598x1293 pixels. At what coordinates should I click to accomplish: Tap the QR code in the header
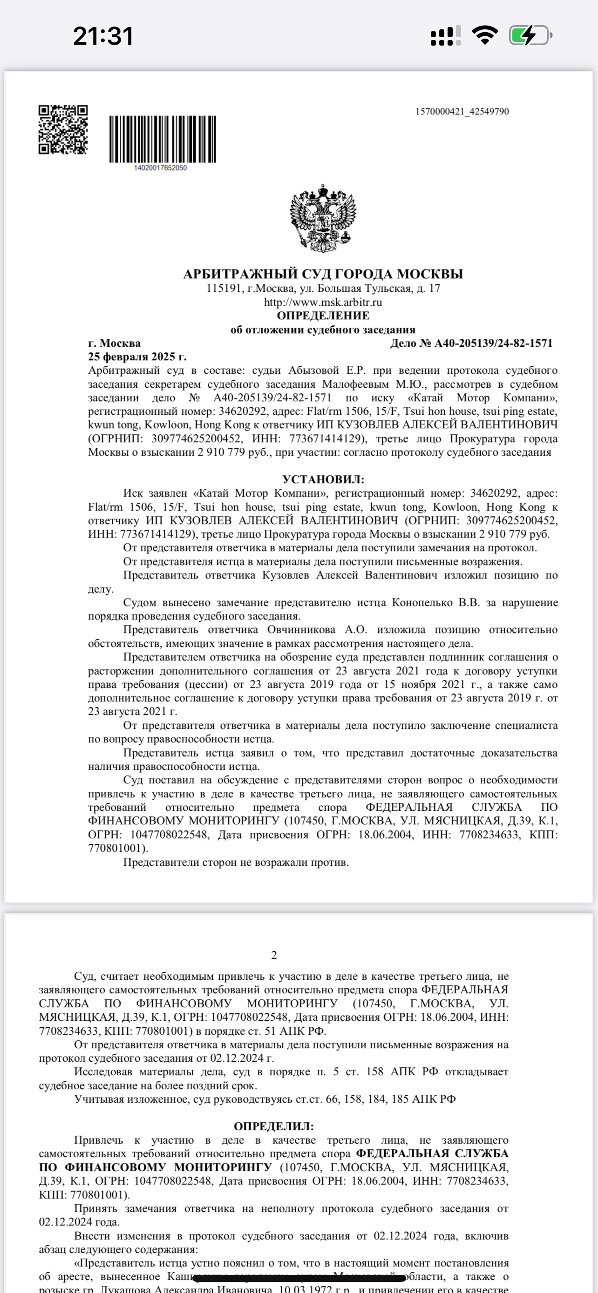click(63, 129)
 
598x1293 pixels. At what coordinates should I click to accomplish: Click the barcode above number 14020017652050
click(163, 139)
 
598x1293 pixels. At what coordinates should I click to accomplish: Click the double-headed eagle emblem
click(323, 218)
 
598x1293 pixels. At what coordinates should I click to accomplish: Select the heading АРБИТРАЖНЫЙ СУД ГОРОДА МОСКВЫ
click(323, 274)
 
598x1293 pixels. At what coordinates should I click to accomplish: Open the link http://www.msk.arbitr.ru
click(323, 302)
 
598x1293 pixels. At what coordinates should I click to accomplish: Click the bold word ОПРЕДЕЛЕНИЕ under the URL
click(323, 316)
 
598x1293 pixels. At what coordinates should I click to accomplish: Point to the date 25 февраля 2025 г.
click(137, 357)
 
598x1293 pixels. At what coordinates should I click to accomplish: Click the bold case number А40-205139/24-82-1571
click(493, 343)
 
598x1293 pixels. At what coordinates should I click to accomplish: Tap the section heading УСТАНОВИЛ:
click(323, 479)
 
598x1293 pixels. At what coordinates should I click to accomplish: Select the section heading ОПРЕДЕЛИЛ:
click(274, 1126)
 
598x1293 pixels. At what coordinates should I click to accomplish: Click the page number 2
click(274, 955)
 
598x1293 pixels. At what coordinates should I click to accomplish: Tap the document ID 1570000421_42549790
click(462, 111)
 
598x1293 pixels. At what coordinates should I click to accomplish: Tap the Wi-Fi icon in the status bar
click(484, 35)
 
